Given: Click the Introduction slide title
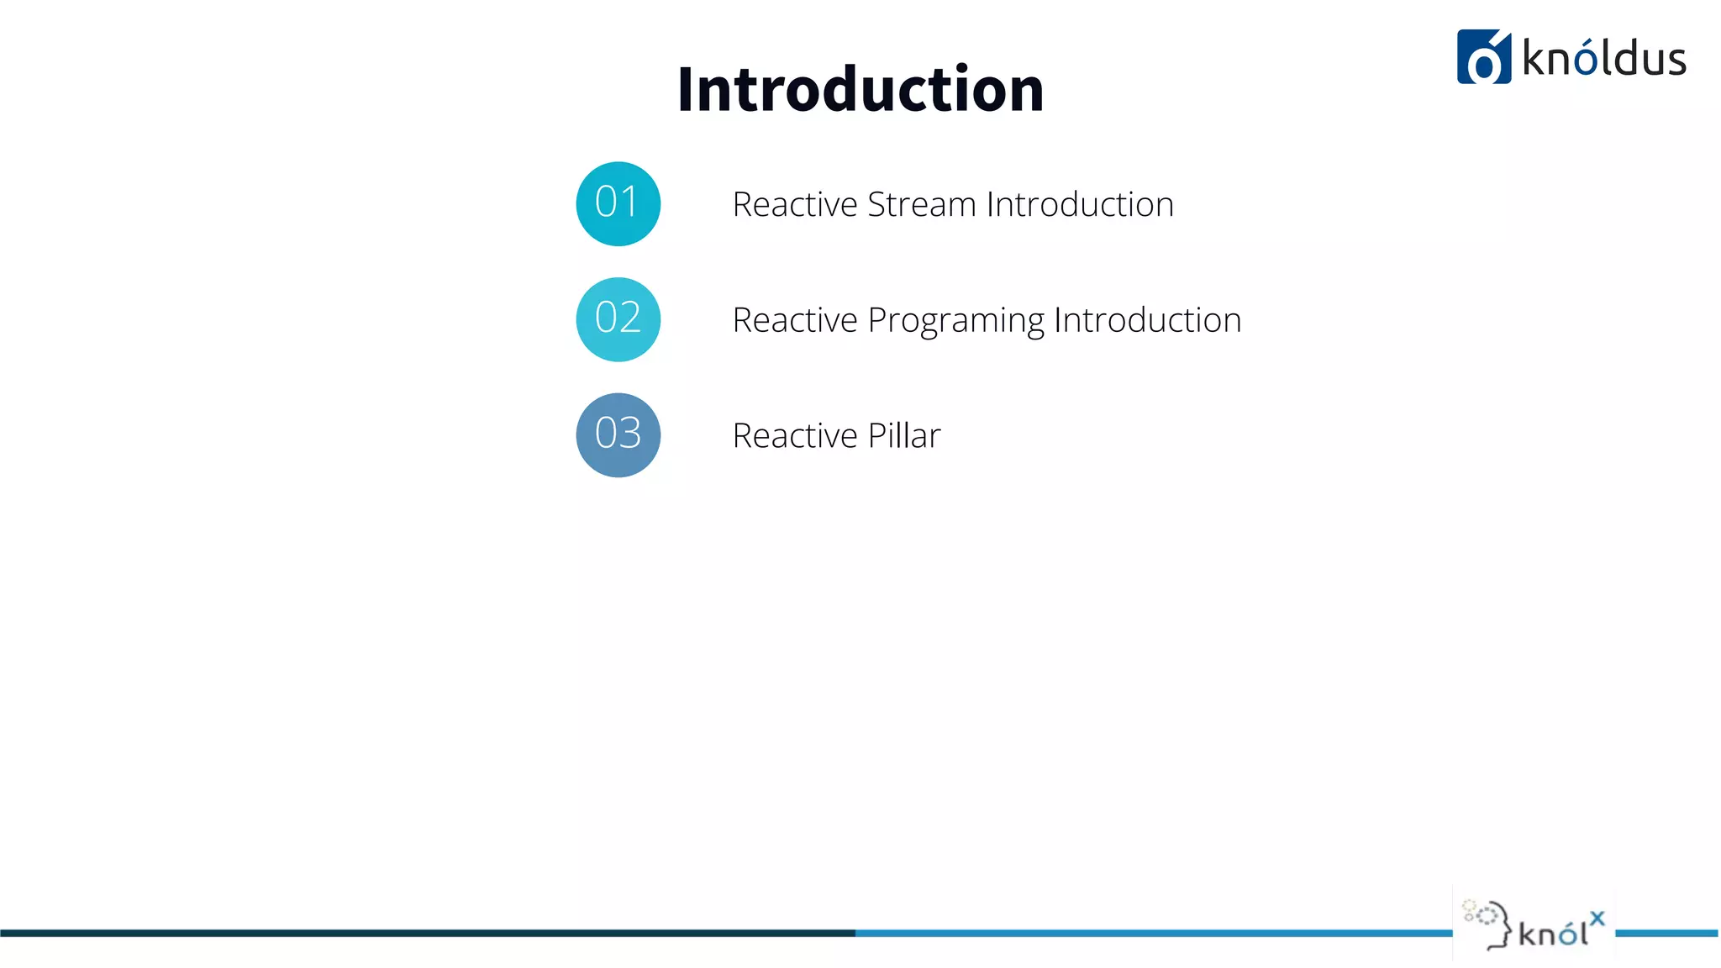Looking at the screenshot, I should click(x=860, y=89).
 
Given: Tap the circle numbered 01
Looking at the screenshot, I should click(x=618, y=203).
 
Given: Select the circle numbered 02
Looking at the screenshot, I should click(x=618, y=319).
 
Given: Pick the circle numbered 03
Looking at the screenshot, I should click(x=618, y=435).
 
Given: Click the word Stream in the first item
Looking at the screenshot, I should click(x=921, y=205).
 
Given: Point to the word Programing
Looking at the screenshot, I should click(x=955, y=321).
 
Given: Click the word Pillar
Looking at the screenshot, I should click(x=903, y=436).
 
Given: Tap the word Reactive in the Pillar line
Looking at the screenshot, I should click(x=794, y=436).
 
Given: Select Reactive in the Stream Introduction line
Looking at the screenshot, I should click(x=794, y=205).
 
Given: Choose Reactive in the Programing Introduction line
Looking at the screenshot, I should click(x=794, y=321).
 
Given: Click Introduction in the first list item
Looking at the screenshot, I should click(x=1080, y=205).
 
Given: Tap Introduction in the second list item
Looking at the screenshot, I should click(x=1147, y=321).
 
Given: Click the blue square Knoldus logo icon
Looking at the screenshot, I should click(x=1483, y=57).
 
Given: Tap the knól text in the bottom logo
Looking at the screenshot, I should click(x=1552, y=933).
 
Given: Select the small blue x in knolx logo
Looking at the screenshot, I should click(x=1597, y=918).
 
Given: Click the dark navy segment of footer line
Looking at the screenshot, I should click(x=420, y=933).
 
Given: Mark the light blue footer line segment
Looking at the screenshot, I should click(x=1151, y=933).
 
